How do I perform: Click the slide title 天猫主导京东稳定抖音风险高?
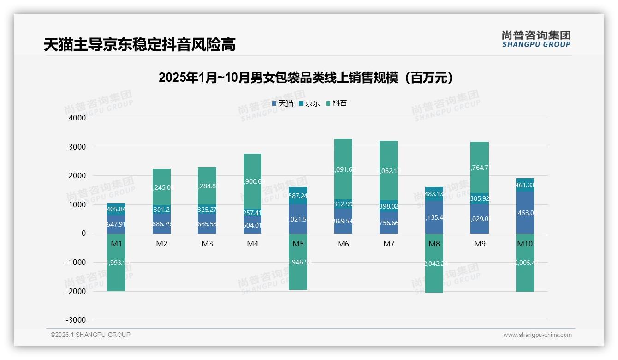point(139,45)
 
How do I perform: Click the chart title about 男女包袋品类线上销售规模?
point(309,78)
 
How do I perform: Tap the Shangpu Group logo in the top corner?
point(536,39)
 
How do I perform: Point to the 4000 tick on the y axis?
point(77,118)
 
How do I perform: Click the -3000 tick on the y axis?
point(76,320)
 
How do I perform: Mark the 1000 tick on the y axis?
point(77,205)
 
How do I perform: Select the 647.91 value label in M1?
point(116,225)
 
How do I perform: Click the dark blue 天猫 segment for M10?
point(525,212)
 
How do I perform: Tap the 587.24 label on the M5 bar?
point(298,195)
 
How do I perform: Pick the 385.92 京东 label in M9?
point(480,198)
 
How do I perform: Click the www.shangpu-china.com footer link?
point(537,335)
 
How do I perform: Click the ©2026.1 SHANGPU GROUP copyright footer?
point(90,335)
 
